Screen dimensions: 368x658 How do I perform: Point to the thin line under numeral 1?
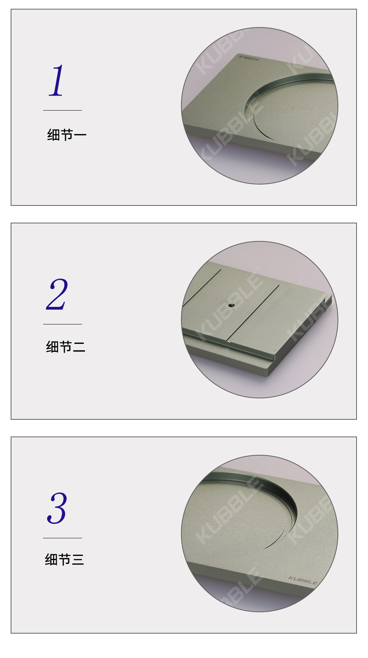(62, 110)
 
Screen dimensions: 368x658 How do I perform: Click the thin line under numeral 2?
(62, 324)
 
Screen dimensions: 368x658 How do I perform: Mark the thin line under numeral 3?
(62, 538)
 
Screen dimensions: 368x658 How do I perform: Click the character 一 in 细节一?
(80, 135)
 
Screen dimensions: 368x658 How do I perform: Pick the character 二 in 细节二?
(79, 347)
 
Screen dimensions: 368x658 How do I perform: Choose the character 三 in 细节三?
(78, 560)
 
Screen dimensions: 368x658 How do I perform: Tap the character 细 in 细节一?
(53, 135)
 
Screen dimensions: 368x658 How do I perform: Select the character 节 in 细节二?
(66, 347)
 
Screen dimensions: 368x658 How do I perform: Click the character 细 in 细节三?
(51, 560)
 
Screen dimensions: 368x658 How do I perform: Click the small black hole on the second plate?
(230, 305)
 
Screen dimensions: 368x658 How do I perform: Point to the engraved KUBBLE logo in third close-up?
(303, 580)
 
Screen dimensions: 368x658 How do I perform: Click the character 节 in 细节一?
(67, 135)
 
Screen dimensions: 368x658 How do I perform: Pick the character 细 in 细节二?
(52, 347)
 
